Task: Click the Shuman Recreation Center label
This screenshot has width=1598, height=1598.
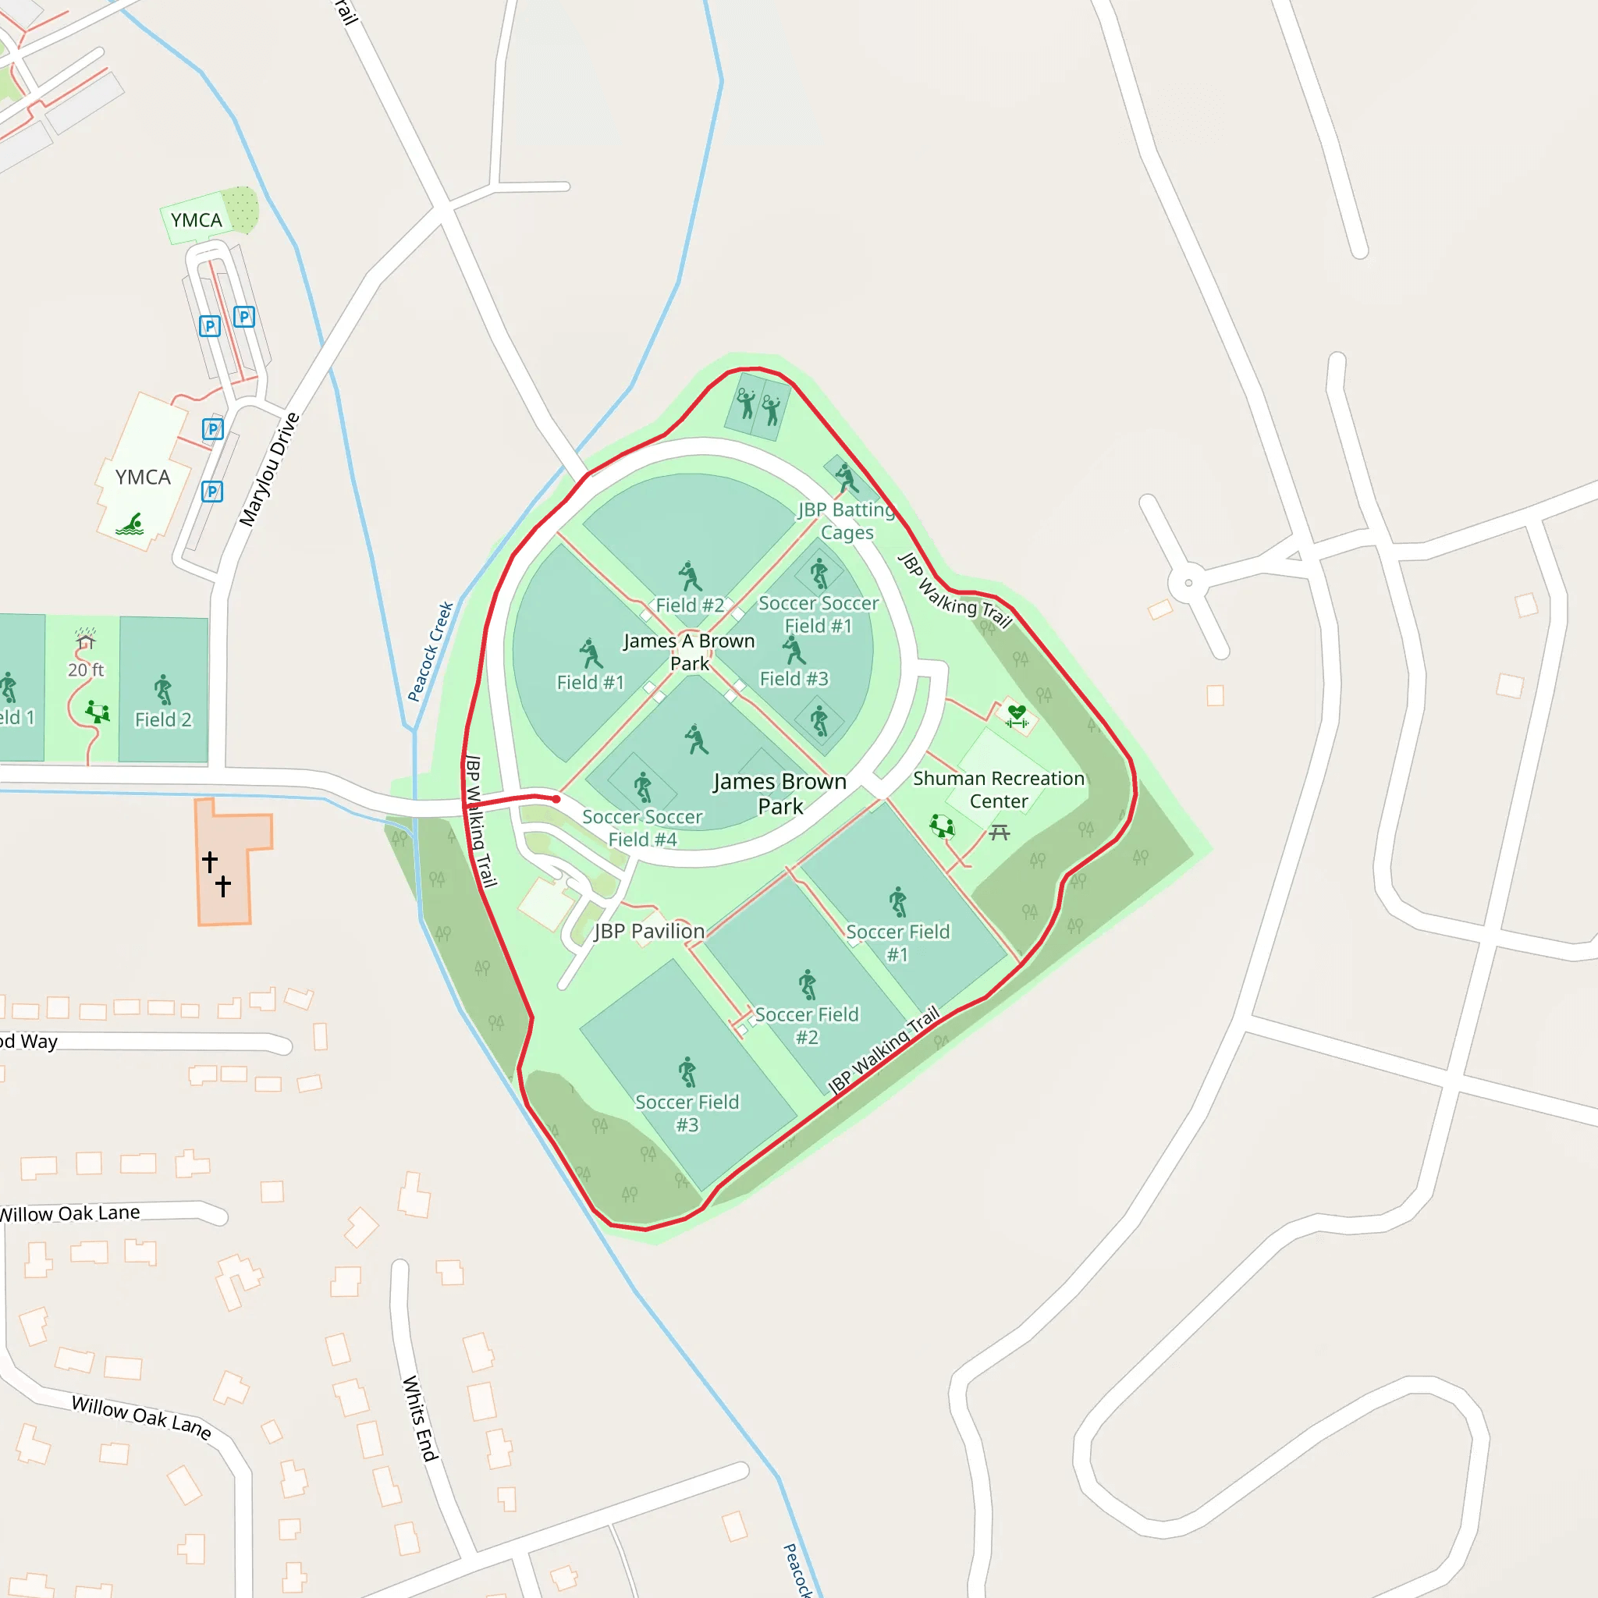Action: (998, 790)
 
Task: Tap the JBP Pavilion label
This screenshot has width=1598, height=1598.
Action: (649, 932)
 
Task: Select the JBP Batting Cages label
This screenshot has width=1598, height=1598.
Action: (846, 521)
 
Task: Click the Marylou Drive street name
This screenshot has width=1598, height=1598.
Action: (269, 469)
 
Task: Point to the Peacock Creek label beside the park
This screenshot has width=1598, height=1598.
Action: (431, 652)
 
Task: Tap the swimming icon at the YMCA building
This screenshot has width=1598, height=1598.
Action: (130, 524)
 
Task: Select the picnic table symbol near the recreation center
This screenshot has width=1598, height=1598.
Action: (1000, 832)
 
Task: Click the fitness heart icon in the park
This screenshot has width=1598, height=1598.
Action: (1017, 716)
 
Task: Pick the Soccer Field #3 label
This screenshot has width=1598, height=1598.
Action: (687, 1113)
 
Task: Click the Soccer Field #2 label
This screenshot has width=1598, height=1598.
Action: (807, 1025)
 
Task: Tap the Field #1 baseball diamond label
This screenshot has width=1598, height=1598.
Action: (590, 683)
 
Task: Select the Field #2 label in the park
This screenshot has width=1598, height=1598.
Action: (690, 605)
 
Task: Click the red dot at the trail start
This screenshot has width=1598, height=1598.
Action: (556, 799)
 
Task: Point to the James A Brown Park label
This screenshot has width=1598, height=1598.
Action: (689, 652)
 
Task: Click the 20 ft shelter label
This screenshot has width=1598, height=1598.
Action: (86, 670)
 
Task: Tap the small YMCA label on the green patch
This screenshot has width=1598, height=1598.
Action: (196, 220)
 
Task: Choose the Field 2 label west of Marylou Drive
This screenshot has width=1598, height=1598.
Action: (163, 719)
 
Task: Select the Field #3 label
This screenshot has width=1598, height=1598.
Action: (794, 679)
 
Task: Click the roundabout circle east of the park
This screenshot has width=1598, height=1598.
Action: (1188, 583)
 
